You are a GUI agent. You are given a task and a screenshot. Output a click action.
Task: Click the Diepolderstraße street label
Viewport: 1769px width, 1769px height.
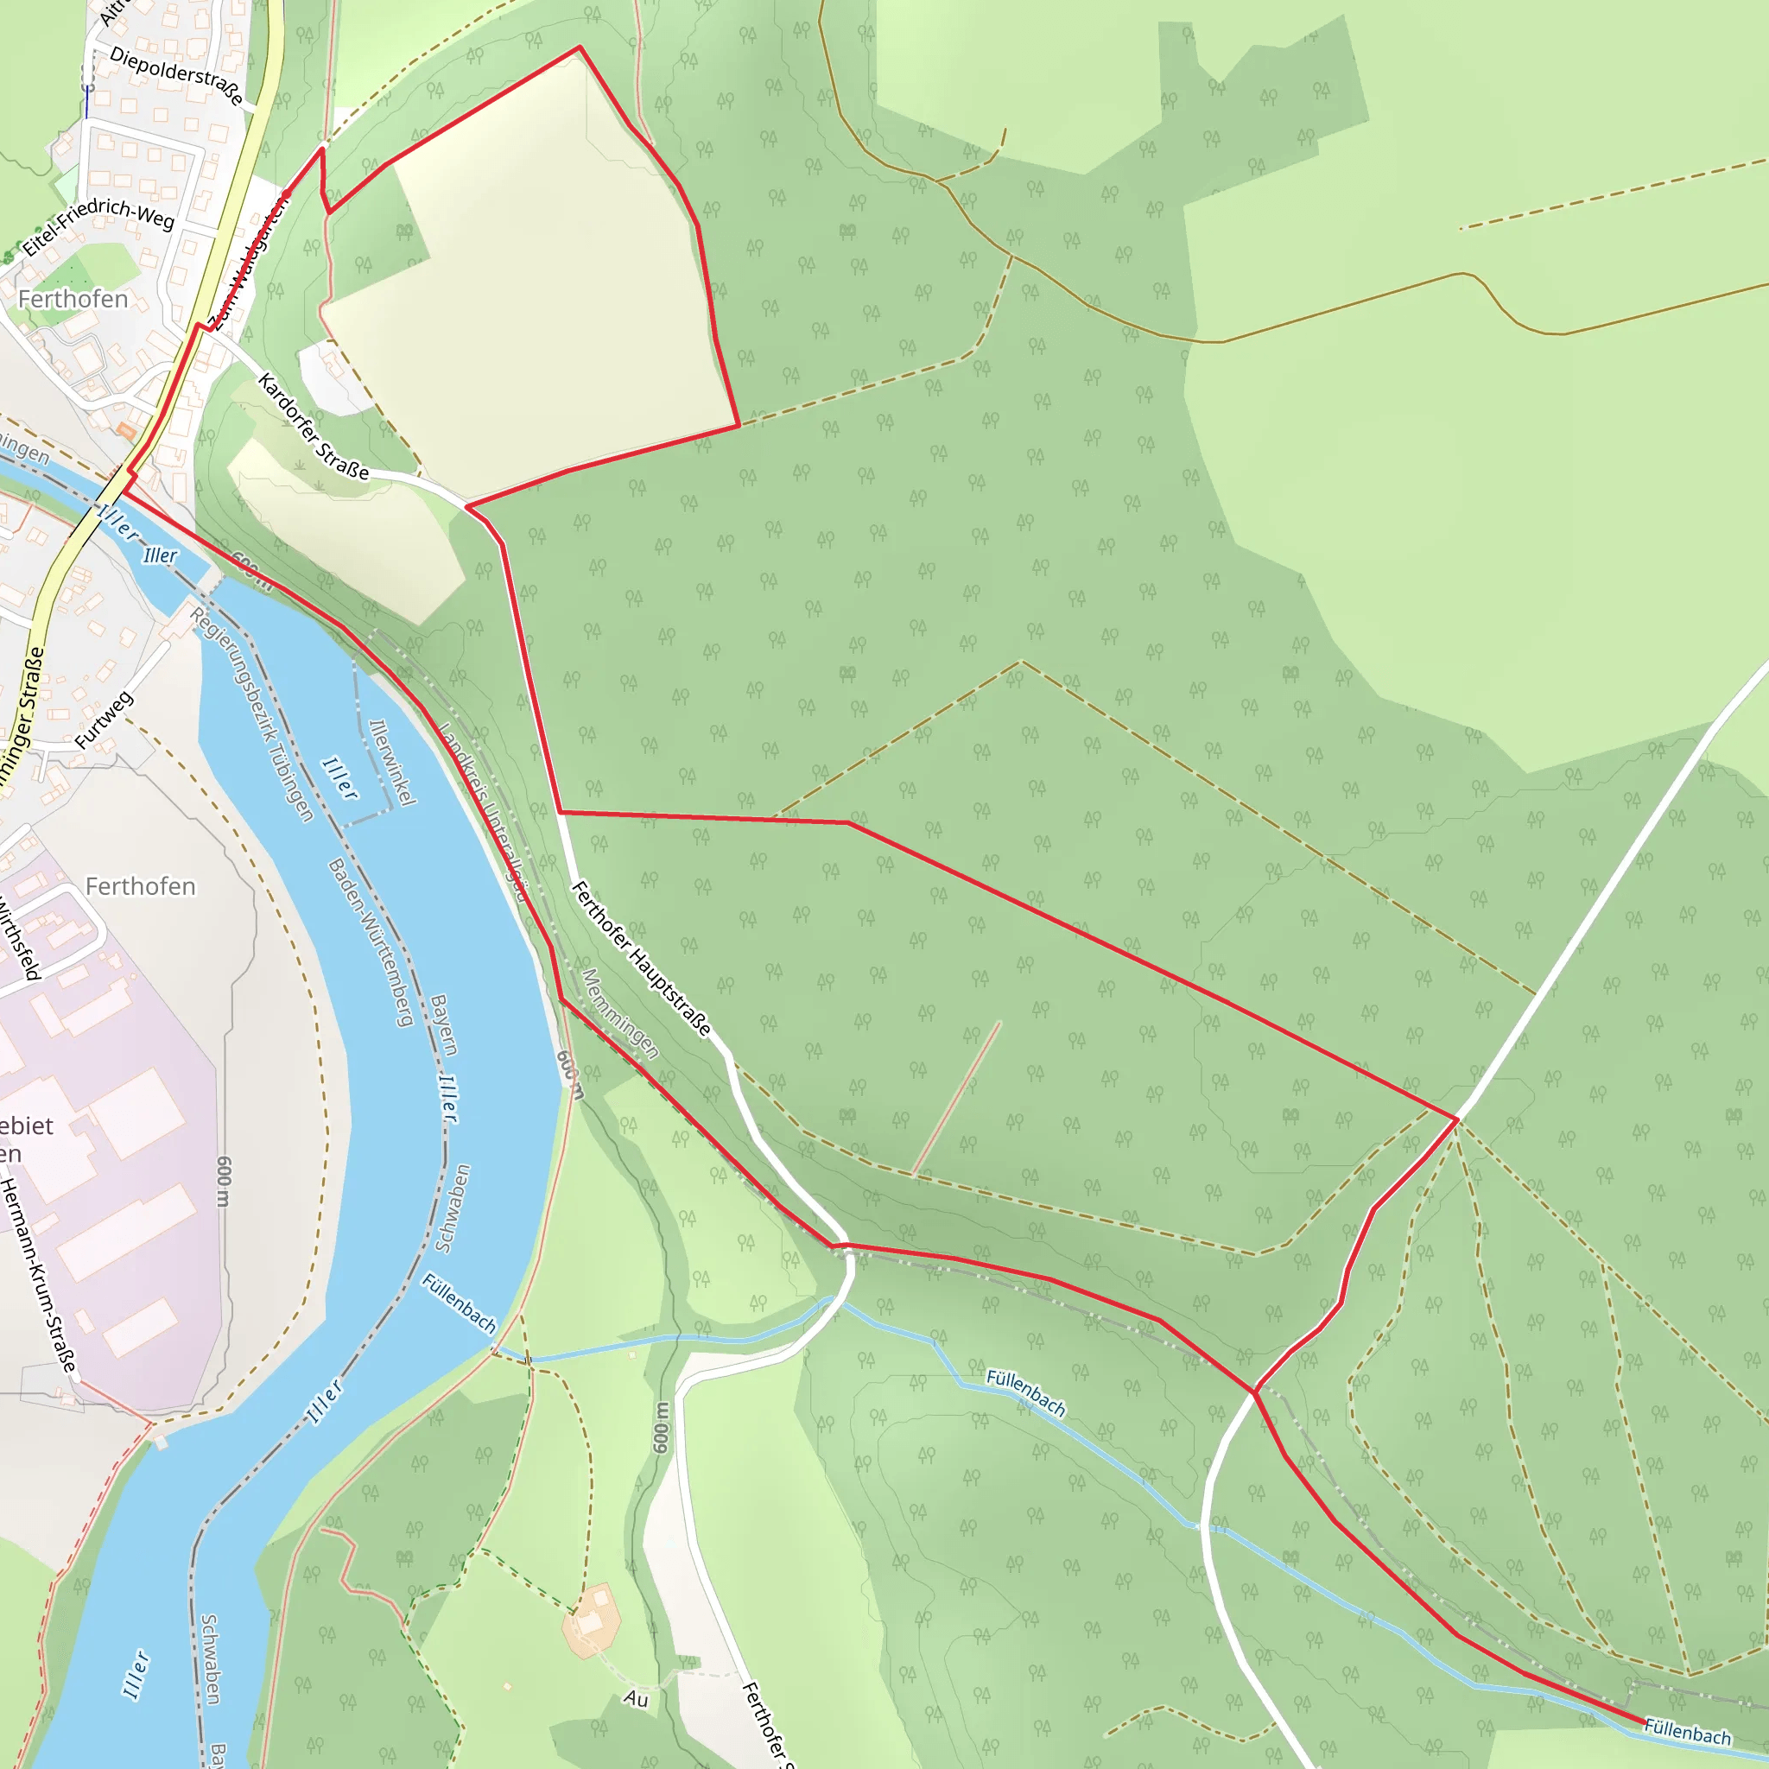pyautogui.click(x=177, y=76)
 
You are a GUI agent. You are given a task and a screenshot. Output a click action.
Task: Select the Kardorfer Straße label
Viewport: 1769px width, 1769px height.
pyautogui.click(x=314, y=426)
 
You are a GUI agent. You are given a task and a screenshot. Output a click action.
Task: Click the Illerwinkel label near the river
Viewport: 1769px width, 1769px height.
pyautogui.click(x=393, y=762)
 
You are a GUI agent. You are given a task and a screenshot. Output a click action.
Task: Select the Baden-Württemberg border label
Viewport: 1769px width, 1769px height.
pyautogui.click(x=370, y=942)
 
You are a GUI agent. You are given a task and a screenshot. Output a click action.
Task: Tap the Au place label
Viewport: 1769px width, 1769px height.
pyautogui.click(x=637, y=1699)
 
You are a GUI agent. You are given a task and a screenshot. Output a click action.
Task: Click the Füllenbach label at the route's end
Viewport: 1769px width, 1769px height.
pyautogui.click(x=1687, y=1732)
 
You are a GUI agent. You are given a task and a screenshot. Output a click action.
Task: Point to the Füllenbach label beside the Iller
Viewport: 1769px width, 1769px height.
pyautogui.click(x=459, y=1302)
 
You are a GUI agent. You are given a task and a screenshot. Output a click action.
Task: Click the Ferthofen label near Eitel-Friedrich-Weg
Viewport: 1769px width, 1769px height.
pyautogui.click(x=73, y=300)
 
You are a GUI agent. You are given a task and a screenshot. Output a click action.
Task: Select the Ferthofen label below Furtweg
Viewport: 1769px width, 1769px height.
pyautogui.click(x=140, y=886)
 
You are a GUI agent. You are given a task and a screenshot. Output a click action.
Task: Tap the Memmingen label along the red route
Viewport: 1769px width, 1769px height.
pyautogui.click(x=620, y=1012)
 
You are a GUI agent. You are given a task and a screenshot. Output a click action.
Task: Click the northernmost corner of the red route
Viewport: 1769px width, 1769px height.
pyautogui.click(x=580, y=47)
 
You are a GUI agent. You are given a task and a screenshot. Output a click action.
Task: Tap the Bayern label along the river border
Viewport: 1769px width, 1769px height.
pyautogui.click(x=443, y=1024)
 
